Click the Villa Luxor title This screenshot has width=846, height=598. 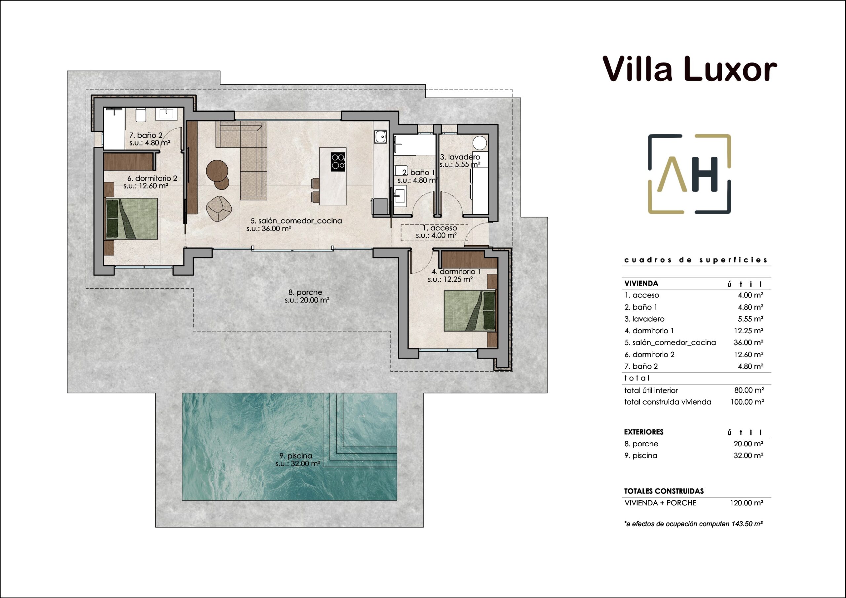[x=689, y=69]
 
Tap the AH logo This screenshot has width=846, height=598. [x=689, y=174]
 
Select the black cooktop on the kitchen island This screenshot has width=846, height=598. [x=338, y=162]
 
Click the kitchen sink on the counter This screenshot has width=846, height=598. [x=381, y=137]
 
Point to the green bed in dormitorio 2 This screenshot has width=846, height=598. [x=132, y=218]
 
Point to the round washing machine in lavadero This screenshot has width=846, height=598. [x=480, y=143]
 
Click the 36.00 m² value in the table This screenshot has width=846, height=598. [x=749, y=342]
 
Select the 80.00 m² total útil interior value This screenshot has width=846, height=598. [x=749, y=390]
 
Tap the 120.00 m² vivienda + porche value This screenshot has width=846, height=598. [x=747, y=503]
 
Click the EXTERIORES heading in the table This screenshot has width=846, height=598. [x=644, y=432]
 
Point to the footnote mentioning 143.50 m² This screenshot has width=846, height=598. [x=693, y=524]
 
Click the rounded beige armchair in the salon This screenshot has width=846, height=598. [x=219, y=209]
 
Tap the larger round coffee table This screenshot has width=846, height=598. [x=217, y=171]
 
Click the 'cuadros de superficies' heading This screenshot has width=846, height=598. [x=696, y=260]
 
